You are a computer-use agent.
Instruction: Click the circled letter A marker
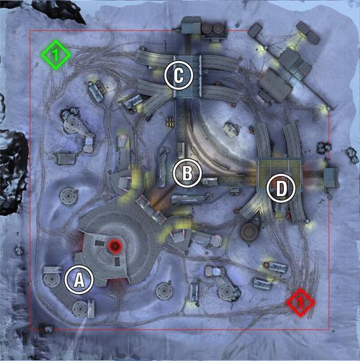(x=79, y=280)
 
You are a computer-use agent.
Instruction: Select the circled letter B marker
(x=188, y=173)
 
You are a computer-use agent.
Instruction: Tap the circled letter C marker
(x=178, y=75)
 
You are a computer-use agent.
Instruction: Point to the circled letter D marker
(x=281, y=188)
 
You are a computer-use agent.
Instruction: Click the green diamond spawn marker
(x=56, y=54)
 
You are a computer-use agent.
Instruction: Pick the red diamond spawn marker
(x=300, y=303)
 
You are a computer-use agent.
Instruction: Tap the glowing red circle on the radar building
(x=115, y=246)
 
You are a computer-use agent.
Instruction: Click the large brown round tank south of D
(x=249, y=231)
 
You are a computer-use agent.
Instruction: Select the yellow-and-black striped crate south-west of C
(x=170, y=121)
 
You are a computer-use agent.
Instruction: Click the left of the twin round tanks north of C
(x=207, y=29)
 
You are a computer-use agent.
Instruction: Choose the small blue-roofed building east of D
(x=331, y=177)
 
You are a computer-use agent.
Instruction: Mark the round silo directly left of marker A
(x=51, y=279)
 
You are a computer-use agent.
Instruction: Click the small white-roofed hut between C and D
(x=230, y=129)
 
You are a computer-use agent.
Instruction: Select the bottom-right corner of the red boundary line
(x=330, y=329)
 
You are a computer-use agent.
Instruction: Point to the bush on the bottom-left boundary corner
(x=48, y=329)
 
